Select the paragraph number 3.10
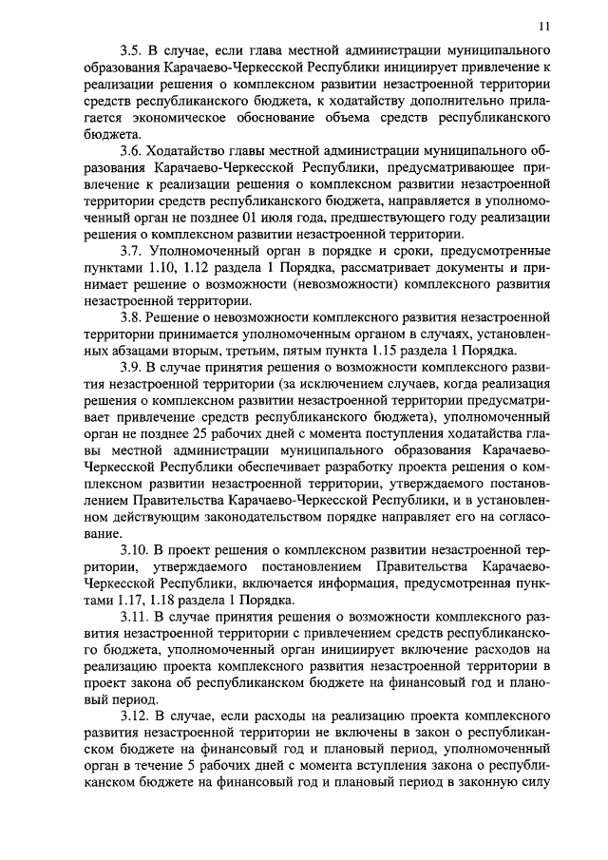tap(136, 551)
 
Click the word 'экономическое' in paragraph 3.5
tap(167, 117)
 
